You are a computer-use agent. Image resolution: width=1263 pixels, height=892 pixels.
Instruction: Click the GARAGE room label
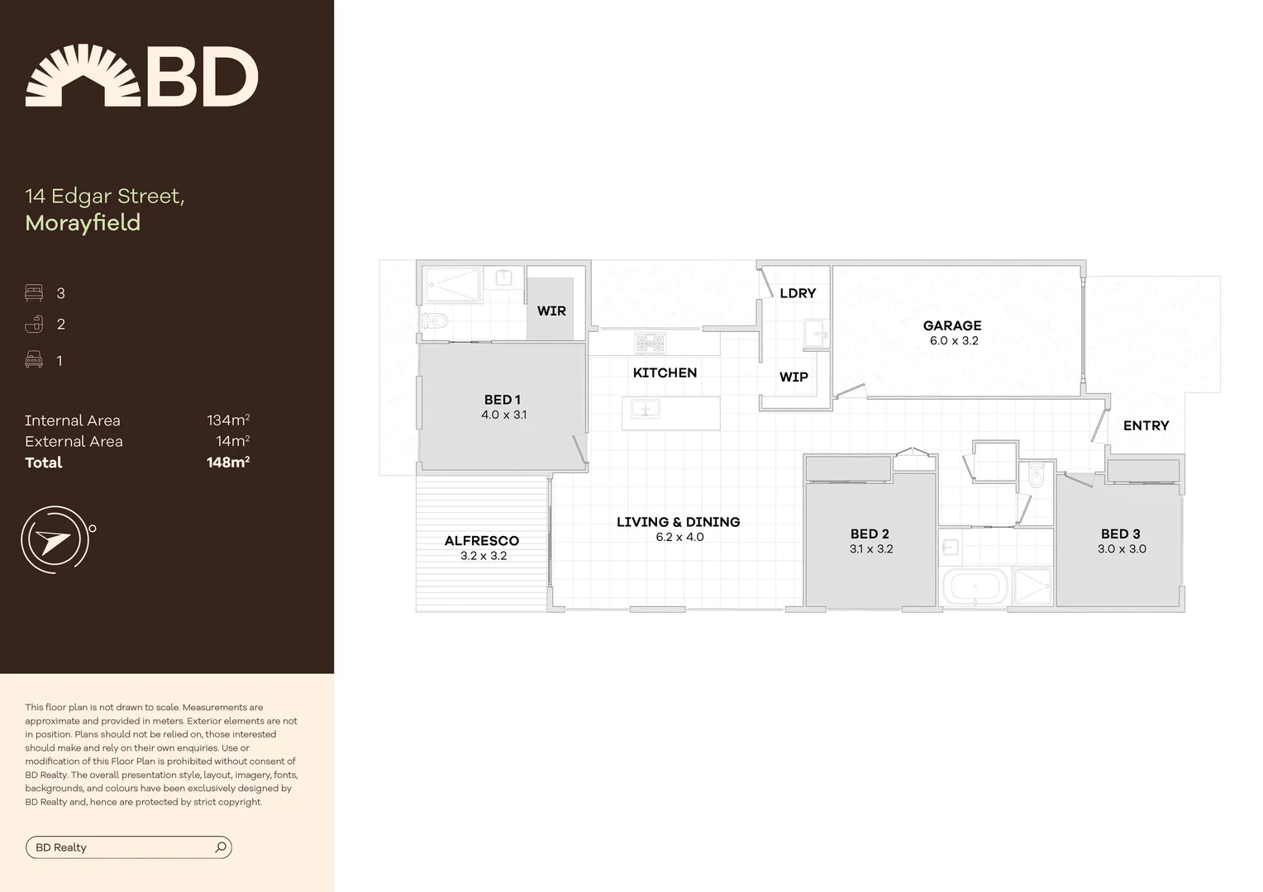(x=952, y=325)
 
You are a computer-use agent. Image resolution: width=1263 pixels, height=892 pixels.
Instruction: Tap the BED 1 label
(x=503, y=400)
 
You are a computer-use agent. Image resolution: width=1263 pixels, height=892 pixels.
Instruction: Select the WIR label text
(x=551, y=311)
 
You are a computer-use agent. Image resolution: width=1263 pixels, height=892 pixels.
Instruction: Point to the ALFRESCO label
(x=482, y=541)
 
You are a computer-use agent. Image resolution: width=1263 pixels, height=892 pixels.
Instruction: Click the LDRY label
(x=798, y=293)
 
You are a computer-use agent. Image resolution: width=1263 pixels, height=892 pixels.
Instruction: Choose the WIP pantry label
(x=794, y=377)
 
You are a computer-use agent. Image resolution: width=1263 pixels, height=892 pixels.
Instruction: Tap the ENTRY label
(x=1146, y=425)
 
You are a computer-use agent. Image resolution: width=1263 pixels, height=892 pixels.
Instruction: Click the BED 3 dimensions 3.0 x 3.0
(x=1122, y=549)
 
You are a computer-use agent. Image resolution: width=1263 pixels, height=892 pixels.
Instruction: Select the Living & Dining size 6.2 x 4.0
(x=679, y=538)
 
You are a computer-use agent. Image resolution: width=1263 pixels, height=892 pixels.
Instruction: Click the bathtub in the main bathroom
(x=975, y=587)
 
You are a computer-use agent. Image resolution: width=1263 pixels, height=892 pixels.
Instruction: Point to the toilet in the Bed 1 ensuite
(x=435, y=320)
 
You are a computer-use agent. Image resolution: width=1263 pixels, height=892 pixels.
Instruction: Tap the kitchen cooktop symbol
(x=651, y=343)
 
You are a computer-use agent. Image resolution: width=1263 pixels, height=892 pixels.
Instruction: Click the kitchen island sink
(x=645, y=408)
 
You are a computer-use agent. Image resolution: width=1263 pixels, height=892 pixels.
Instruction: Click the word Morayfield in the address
(x=83, y=223)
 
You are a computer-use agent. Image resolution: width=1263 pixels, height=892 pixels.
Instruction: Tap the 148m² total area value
(x=228, y=463)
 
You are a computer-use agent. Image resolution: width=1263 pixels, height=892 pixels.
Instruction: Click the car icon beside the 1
(x=34, y=359)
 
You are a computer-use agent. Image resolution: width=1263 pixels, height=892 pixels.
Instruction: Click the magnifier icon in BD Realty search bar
(x=221, y=847)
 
